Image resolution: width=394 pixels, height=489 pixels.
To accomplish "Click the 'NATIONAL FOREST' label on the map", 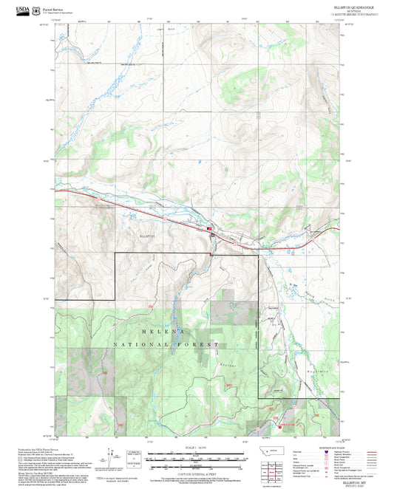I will [x=166, y=345].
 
